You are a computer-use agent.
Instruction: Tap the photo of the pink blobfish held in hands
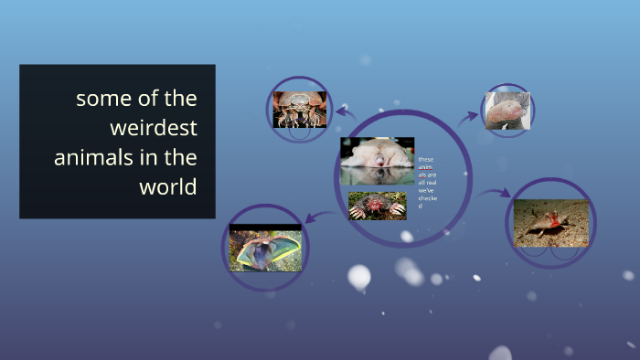point(507,111)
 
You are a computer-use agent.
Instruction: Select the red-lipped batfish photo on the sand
point(550,223)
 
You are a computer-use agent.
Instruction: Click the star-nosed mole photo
point(377,206)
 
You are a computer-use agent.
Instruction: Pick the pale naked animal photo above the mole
point(377,162)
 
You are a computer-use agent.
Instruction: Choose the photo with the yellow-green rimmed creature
point(264,249)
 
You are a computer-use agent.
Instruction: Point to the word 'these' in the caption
point(426,160)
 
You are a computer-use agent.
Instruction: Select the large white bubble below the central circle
point(359,276)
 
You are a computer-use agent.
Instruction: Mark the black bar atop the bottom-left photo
point(264,227)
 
